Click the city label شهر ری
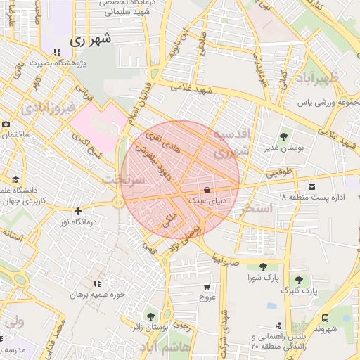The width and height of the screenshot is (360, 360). click(90, 40)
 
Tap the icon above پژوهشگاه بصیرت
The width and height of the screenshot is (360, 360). click(57, 53)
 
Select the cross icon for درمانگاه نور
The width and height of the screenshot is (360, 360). click(78, 211)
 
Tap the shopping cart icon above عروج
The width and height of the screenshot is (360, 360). click(206, 286)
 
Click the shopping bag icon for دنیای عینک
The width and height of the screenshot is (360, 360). click(207, 191)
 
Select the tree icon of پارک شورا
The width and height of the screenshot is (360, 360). click(262, 266)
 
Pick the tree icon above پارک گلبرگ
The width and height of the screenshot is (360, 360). click(300, 280)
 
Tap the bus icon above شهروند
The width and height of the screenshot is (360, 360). click(325, 318)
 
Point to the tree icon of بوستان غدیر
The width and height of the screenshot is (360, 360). click(283, 136)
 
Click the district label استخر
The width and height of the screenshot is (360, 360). click(255, 209)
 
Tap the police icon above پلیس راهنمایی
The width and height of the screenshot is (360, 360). click(280, 326)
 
